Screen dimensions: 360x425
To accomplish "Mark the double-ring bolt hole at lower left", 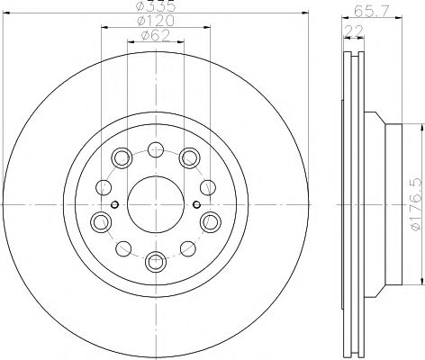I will pyautogui.click(x=101, y=221).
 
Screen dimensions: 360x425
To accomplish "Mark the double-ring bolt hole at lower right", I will pyautogui.click(x=212, y=221).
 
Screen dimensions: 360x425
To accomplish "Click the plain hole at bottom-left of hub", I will pyautogui.click(x=124, y=249).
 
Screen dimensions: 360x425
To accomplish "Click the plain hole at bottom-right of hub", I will pyautogui.click(x=188, y=249).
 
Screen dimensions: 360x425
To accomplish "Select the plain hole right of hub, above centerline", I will pyautogui.click(x=208, y=187).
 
